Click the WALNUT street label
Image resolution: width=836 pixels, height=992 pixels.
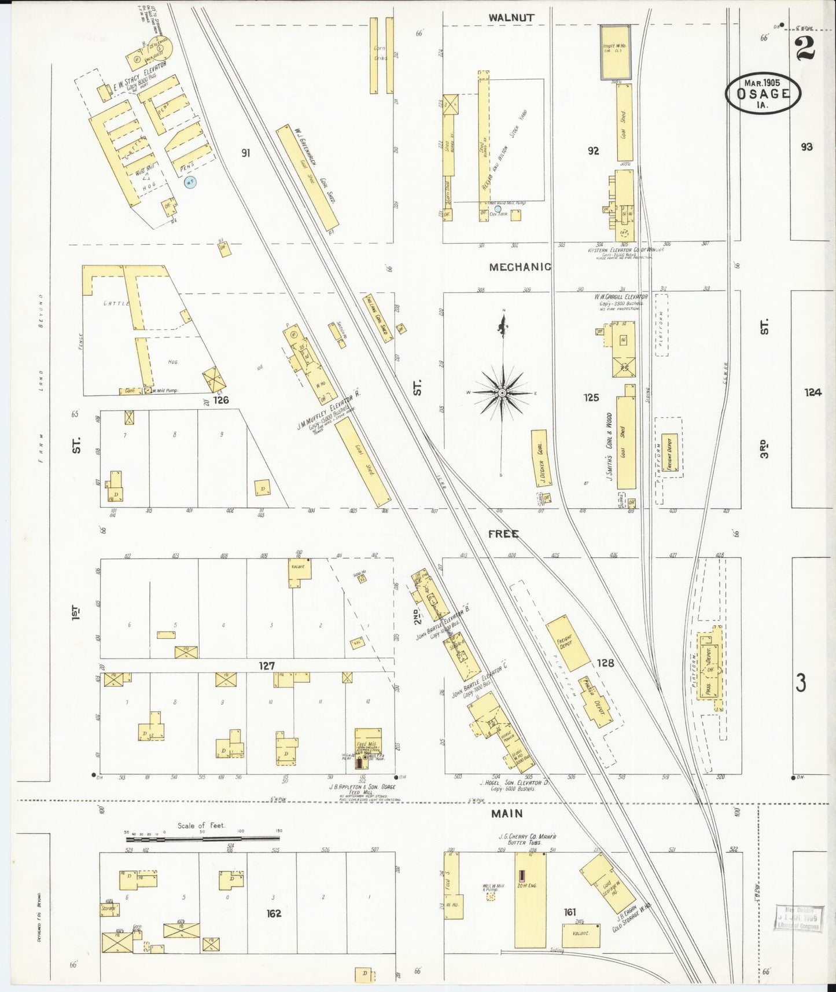pyautogui.click(x=510, y=18)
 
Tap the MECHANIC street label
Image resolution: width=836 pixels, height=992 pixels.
pyautogui.click(x=520, y=267)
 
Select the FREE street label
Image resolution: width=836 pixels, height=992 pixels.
pyautogui.click(x=503, y=534)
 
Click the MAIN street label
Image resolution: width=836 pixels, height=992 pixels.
pyautogui.click(x=507, y=813)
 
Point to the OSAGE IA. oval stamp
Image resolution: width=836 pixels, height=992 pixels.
pyautogui.click(x=763, y=93)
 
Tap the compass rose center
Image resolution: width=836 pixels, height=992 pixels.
pyautogui.click(x=503, y=393)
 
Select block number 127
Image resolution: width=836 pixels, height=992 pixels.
pyautogui.click(x=266, y=666)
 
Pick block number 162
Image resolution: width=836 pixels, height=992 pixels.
pyautogui.click(x=273, y=913)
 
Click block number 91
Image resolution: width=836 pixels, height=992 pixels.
pyautogui.click(x=246, y=153)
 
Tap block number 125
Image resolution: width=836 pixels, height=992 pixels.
pyautogui.click(x=591, y=398)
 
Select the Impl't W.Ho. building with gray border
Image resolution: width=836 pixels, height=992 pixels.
pyautogui.click(x=616, y=52)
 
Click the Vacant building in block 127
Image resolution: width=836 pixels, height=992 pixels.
pyautogui.click(x=300, y=569)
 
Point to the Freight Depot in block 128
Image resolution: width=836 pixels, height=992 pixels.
pyautogui.click(x=567, y=642)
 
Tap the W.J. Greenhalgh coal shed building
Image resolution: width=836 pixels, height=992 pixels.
pyautogui.click(x=307, y=178)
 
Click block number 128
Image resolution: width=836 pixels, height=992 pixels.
pyautogui.click(x=605, y=663)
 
